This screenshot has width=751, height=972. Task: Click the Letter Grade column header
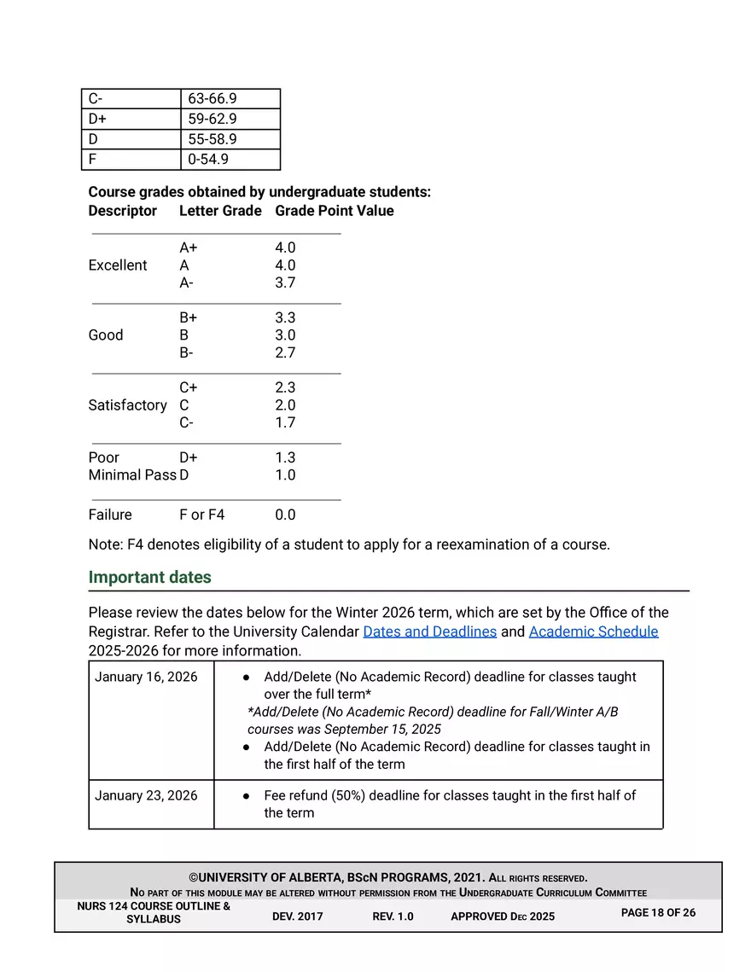220,211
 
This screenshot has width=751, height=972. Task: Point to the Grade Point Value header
335,211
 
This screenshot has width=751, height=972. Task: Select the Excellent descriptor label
118,265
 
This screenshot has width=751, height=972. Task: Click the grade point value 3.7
285,283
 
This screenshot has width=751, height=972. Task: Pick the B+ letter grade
189,317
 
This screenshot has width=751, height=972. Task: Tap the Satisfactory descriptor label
128,405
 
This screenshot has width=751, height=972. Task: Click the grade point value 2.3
285,387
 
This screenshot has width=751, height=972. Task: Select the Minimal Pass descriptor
132,475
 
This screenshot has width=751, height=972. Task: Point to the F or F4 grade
202,515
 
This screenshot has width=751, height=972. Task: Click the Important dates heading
150,578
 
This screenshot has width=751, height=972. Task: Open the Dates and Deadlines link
430,632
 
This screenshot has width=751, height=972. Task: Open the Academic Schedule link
594,632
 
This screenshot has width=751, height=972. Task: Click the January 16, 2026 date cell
146,677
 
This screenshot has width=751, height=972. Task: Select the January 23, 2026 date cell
146,795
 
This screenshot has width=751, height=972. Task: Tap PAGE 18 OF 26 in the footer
658,913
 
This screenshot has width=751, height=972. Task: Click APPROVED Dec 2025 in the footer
503,917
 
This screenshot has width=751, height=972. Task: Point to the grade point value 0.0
285,515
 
